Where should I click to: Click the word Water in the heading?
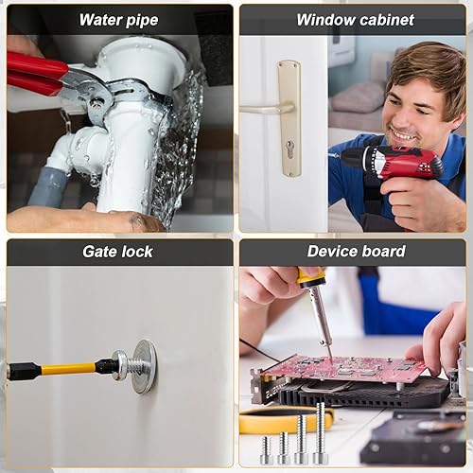(x=100, y=20)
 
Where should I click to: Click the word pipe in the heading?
(x=142, y=21)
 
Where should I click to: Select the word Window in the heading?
(x=325, y=20)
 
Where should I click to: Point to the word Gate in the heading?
(x=100, y=252)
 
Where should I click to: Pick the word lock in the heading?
(x=137, y=252)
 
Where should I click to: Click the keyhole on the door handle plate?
(x=289, y=149)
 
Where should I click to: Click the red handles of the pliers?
(x=36, y=74)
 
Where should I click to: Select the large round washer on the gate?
(x=145, y=366)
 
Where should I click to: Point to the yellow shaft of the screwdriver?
(x=68, y=369)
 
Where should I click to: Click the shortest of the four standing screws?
(x=267, y=449)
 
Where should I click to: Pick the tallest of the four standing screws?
(x=321, y=432)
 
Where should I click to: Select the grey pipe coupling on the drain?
(x=49, y=186)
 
